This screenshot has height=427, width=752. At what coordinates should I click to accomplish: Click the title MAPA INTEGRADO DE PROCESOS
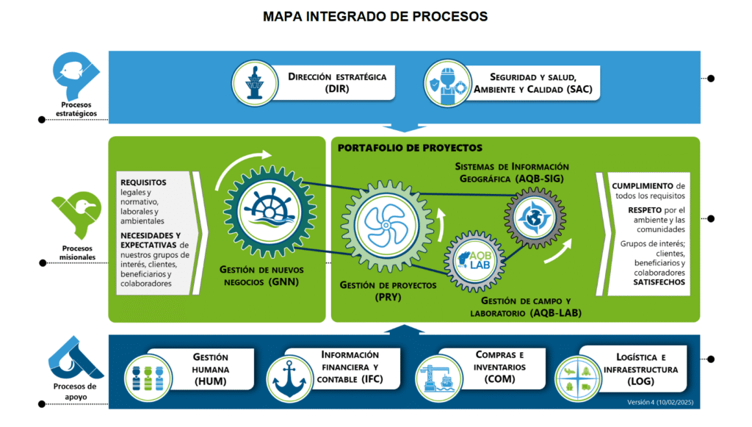coord(375,16)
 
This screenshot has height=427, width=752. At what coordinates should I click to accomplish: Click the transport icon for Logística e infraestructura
coord(576,376)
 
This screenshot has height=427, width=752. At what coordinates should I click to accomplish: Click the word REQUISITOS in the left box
coord(143,182)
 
